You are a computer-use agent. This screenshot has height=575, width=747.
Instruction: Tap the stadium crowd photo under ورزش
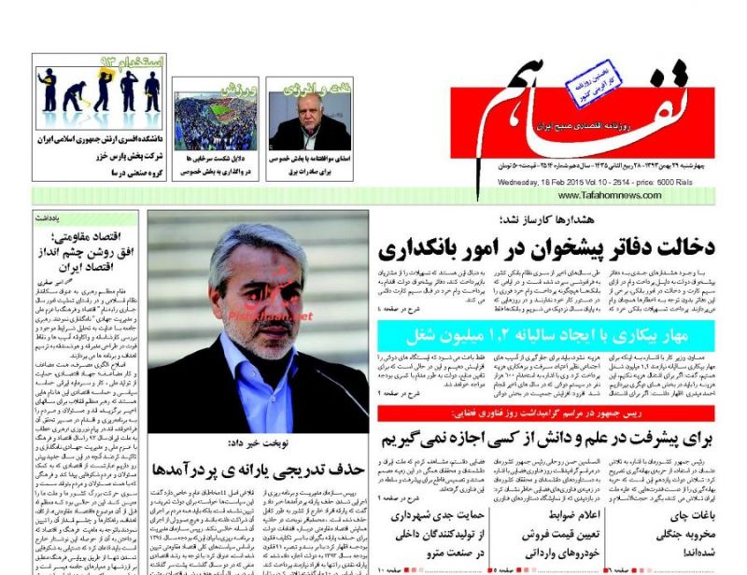[215, 122]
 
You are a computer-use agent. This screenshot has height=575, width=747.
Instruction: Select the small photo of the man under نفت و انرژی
[309, 122]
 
